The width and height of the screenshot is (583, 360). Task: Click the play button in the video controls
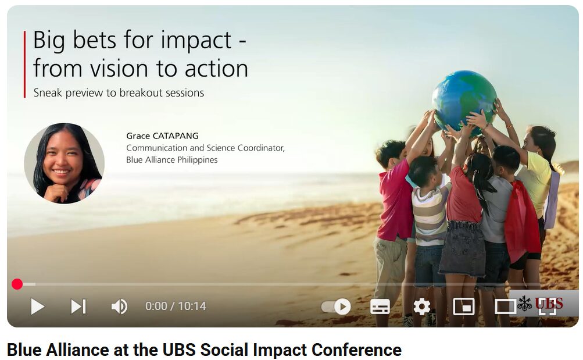[x=38, y=306]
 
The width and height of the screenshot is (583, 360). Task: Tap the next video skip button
[x=78, y=306]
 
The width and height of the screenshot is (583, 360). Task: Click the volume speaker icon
[x=119, y=306]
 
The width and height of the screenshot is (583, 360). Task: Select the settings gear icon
[x=421, y=307]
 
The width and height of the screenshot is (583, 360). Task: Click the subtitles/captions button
[x=380, y=307]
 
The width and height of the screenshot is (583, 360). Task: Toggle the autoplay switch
[x=337, y=307]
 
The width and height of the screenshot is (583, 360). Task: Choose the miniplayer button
[x=464, y=307]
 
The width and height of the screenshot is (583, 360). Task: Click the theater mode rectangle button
[x=505, y=307]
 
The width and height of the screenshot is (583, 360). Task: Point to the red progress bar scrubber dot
[x=17, y=284]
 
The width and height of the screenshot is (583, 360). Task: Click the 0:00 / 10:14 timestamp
[x=176, y=306]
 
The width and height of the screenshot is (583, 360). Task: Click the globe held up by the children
[x=464, y=98]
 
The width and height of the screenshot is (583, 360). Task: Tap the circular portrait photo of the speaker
[x=64, y=163]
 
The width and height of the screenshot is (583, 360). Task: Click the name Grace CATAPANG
[x=162, y=136]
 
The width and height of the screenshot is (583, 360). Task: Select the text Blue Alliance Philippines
[x=172, y=160]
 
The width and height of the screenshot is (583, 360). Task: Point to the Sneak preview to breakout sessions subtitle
[x=119, y=92]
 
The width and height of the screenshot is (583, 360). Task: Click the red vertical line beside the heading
[x=25, y=65]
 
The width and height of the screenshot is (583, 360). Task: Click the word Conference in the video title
[x=356, y=350]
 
